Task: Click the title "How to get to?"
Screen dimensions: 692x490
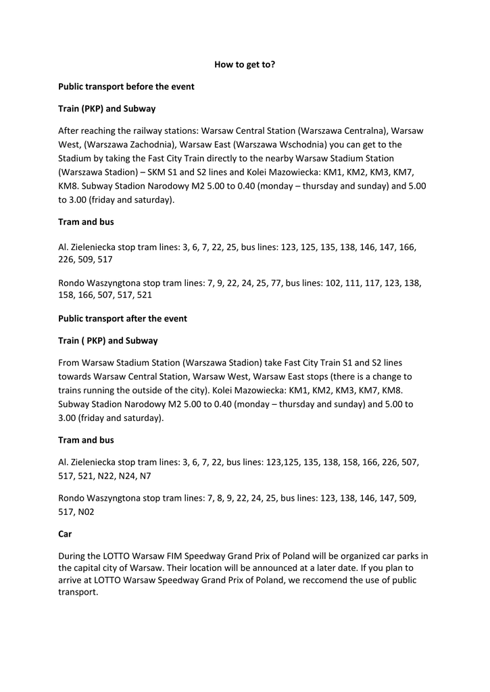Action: pos(245,64)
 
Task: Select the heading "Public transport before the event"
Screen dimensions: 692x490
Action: pos(126,86)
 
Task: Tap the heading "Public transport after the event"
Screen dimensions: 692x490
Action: pos(122,318)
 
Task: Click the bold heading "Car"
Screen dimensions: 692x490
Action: pos(65,533)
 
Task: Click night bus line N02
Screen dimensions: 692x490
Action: pos(85,512)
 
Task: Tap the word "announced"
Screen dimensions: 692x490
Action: pos(264,568)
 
